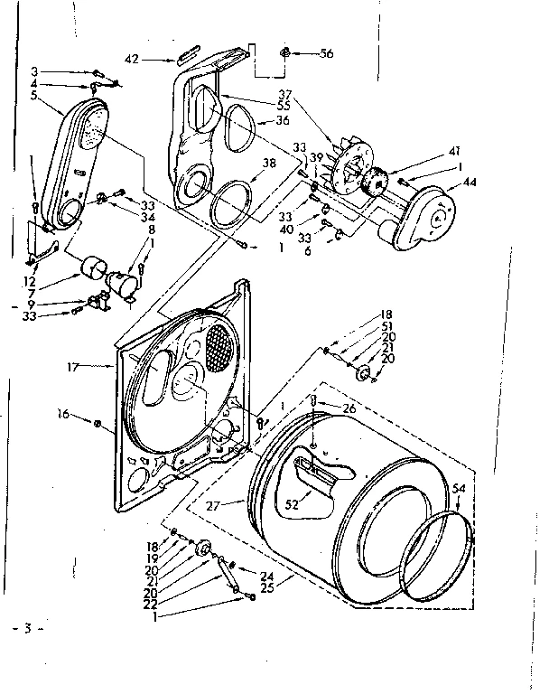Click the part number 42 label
[131, 60]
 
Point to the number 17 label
[98, 367]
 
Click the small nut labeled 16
[97, 421]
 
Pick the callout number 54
[460, 488]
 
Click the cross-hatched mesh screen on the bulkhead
[220, 344]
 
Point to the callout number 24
[267, 577]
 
